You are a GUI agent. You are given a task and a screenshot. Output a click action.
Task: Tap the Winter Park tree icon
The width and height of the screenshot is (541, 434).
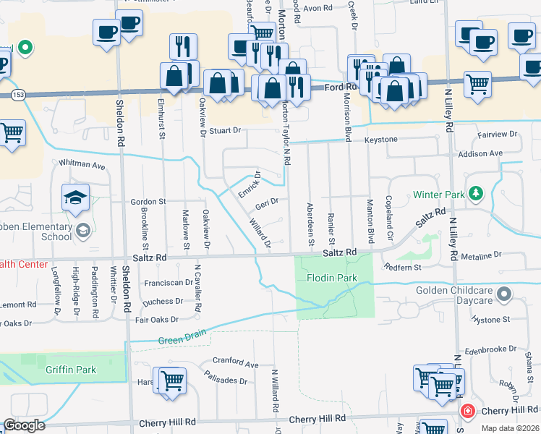476,193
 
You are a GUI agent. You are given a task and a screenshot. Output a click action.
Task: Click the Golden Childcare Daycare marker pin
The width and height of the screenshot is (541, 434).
505,294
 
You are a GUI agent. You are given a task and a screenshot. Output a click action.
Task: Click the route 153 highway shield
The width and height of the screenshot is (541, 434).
17,95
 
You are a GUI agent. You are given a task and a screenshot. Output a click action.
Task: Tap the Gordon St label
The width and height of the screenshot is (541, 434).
148,201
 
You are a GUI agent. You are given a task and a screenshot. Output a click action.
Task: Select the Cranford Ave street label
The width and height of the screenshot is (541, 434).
235,363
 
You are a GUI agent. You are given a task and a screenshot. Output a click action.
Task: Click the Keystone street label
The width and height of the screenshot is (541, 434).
380,139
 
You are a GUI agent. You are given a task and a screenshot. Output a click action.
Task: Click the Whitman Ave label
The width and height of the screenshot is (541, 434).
82,165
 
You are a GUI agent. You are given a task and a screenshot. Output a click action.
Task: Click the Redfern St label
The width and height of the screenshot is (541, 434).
405,267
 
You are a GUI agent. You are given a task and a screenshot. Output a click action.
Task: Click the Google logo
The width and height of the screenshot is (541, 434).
24,426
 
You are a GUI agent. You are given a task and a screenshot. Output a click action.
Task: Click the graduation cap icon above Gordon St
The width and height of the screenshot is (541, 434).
75,197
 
